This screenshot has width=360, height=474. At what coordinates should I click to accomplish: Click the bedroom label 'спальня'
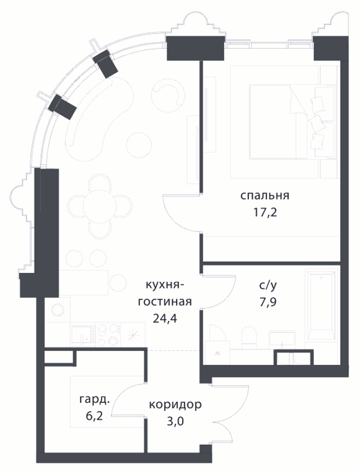265,196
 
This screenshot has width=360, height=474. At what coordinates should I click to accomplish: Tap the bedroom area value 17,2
265,213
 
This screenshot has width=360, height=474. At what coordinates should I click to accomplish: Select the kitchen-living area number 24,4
165,318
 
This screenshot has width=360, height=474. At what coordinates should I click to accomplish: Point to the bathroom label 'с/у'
268,285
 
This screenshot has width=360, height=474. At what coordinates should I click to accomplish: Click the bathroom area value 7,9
268,302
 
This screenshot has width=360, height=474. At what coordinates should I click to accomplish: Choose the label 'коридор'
175,405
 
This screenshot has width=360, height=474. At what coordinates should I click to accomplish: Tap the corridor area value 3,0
175,421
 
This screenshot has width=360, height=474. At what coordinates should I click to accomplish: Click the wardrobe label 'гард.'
94,400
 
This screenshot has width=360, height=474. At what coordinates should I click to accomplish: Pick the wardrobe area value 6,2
95,416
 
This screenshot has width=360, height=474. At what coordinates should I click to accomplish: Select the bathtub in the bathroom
321,306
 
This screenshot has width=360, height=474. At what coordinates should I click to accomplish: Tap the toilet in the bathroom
249,339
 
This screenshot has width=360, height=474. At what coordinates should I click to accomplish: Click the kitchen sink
82,335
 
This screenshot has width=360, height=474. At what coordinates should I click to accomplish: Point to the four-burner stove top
108,335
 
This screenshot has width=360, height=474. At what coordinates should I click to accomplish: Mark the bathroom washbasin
282,340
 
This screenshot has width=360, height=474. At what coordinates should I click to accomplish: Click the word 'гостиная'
165,302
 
